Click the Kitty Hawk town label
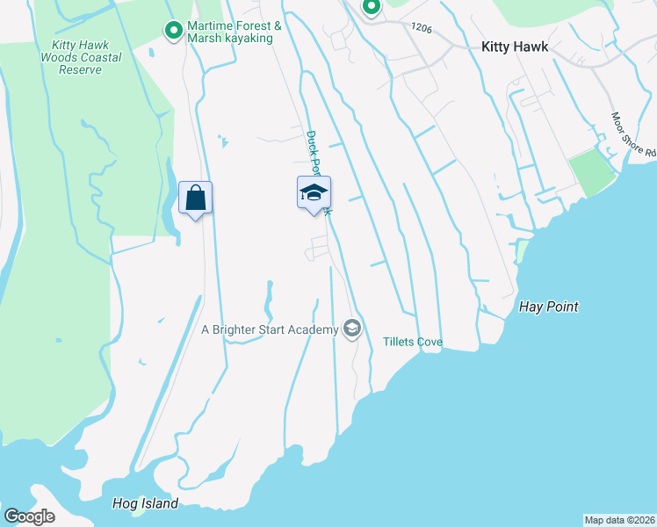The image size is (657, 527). (514, 47)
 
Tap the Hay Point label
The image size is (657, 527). (549, 307)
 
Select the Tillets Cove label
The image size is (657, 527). (412, 342)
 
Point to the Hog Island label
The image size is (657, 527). (145, 503)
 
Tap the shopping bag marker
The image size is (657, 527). (195, 197)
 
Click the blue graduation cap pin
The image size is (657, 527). (314, 192)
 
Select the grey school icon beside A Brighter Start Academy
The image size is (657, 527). (352, 329)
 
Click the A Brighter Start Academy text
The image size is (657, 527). (270, 329)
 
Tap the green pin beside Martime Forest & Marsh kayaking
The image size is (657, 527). (174, 32)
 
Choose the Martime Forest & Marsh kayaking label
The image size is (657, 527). (235, 32)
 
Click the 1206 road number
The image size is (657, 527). (421, 28)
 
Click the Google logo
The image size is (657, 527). (30, 516)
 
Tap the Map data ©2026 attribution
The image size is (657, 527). (619, 519)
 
